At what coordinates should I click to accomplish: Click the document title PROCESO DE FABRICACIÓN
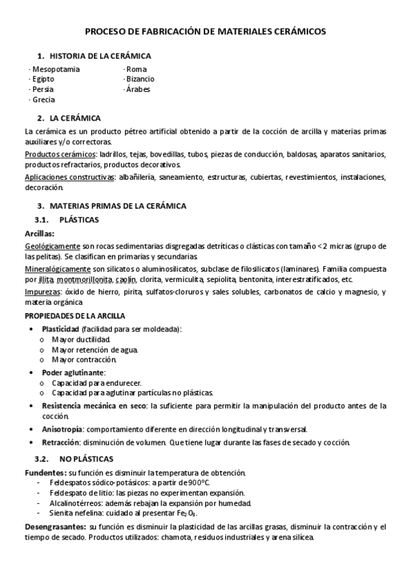tap(205, 32)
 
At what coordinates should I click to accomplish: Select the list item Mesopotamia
tap(56, 69)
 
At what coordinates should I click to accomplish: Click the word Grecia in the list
tap(45, 100)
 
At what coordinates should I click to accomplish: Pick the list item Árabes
tap(139, 89)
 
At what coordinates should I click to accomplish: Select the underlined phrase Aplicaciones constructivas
tap(69, 177)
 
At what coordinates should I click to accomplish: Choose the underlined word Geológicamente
tap(52, 246)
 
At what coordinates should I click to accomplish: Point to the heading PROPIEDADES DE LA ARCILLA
tap(75, 315)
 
